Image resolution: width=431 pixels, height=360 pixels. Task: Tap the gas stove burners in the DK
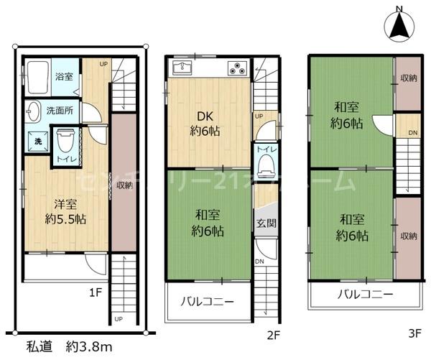point(238,69)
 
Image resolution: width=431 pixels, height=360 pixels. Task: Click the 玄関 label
point(265,223)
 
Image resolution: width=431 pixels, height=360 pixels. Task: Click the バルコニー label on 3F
point(364,294)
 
